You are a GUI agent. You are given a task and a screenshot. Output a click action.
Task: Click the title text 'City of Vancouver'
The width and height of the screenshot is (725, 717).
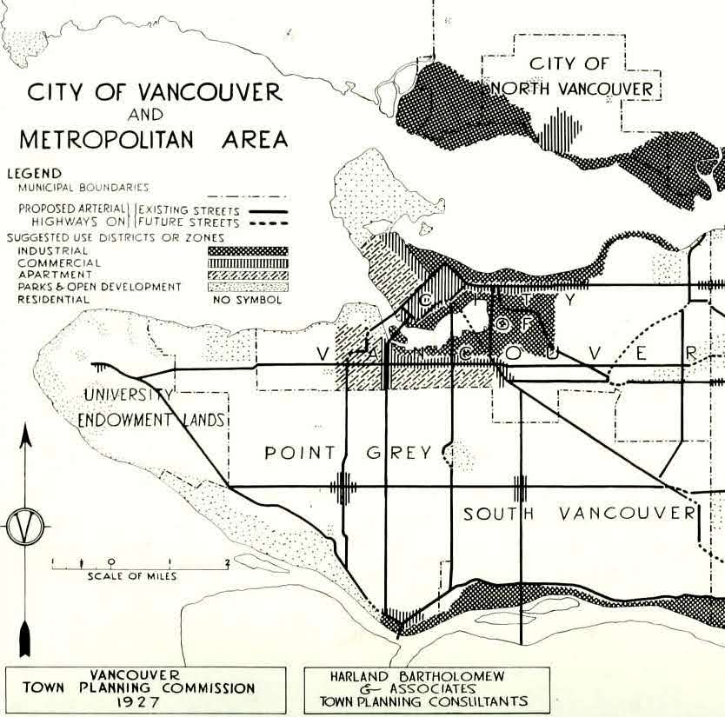[x=155, y=92]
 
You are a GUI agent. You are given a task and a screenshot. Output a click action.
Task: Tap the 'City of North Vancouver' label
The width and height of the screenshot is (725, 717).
[x=571, y=76]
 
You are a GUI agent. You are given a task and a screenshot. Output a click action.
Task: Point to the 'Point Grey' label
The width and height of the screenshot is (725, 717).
[x=348, y=453]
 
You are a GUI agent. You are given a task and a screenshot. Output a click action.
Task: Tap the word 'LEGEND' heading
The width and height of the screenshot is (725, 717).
[x=35, y=174]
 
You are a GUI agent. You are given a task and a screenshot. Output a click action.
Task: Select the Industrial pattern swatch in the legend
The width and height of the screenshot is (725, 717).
[x=247, y=251]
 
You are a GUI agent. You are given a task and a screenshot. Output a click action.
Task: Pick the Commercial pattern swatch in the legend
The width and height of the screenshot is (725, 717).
[x=247, y=262]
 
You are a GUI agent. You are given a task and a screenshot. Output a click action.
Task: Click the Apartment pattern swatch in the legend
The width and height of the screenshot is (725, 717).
[x=247, y=275]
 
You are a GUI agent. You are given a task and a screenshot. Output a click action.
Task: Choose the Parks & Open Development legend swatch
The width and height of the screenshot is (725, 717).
[x=247, y=287]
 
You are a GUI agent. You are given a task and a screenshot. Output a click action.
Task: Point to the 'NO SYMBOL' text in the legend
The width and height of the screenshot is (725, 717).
[x=248, y=300]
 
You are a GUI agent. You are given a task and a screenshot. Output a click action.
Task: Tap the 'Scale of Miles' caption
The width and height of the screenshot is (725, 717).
[x=132, y=576]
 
